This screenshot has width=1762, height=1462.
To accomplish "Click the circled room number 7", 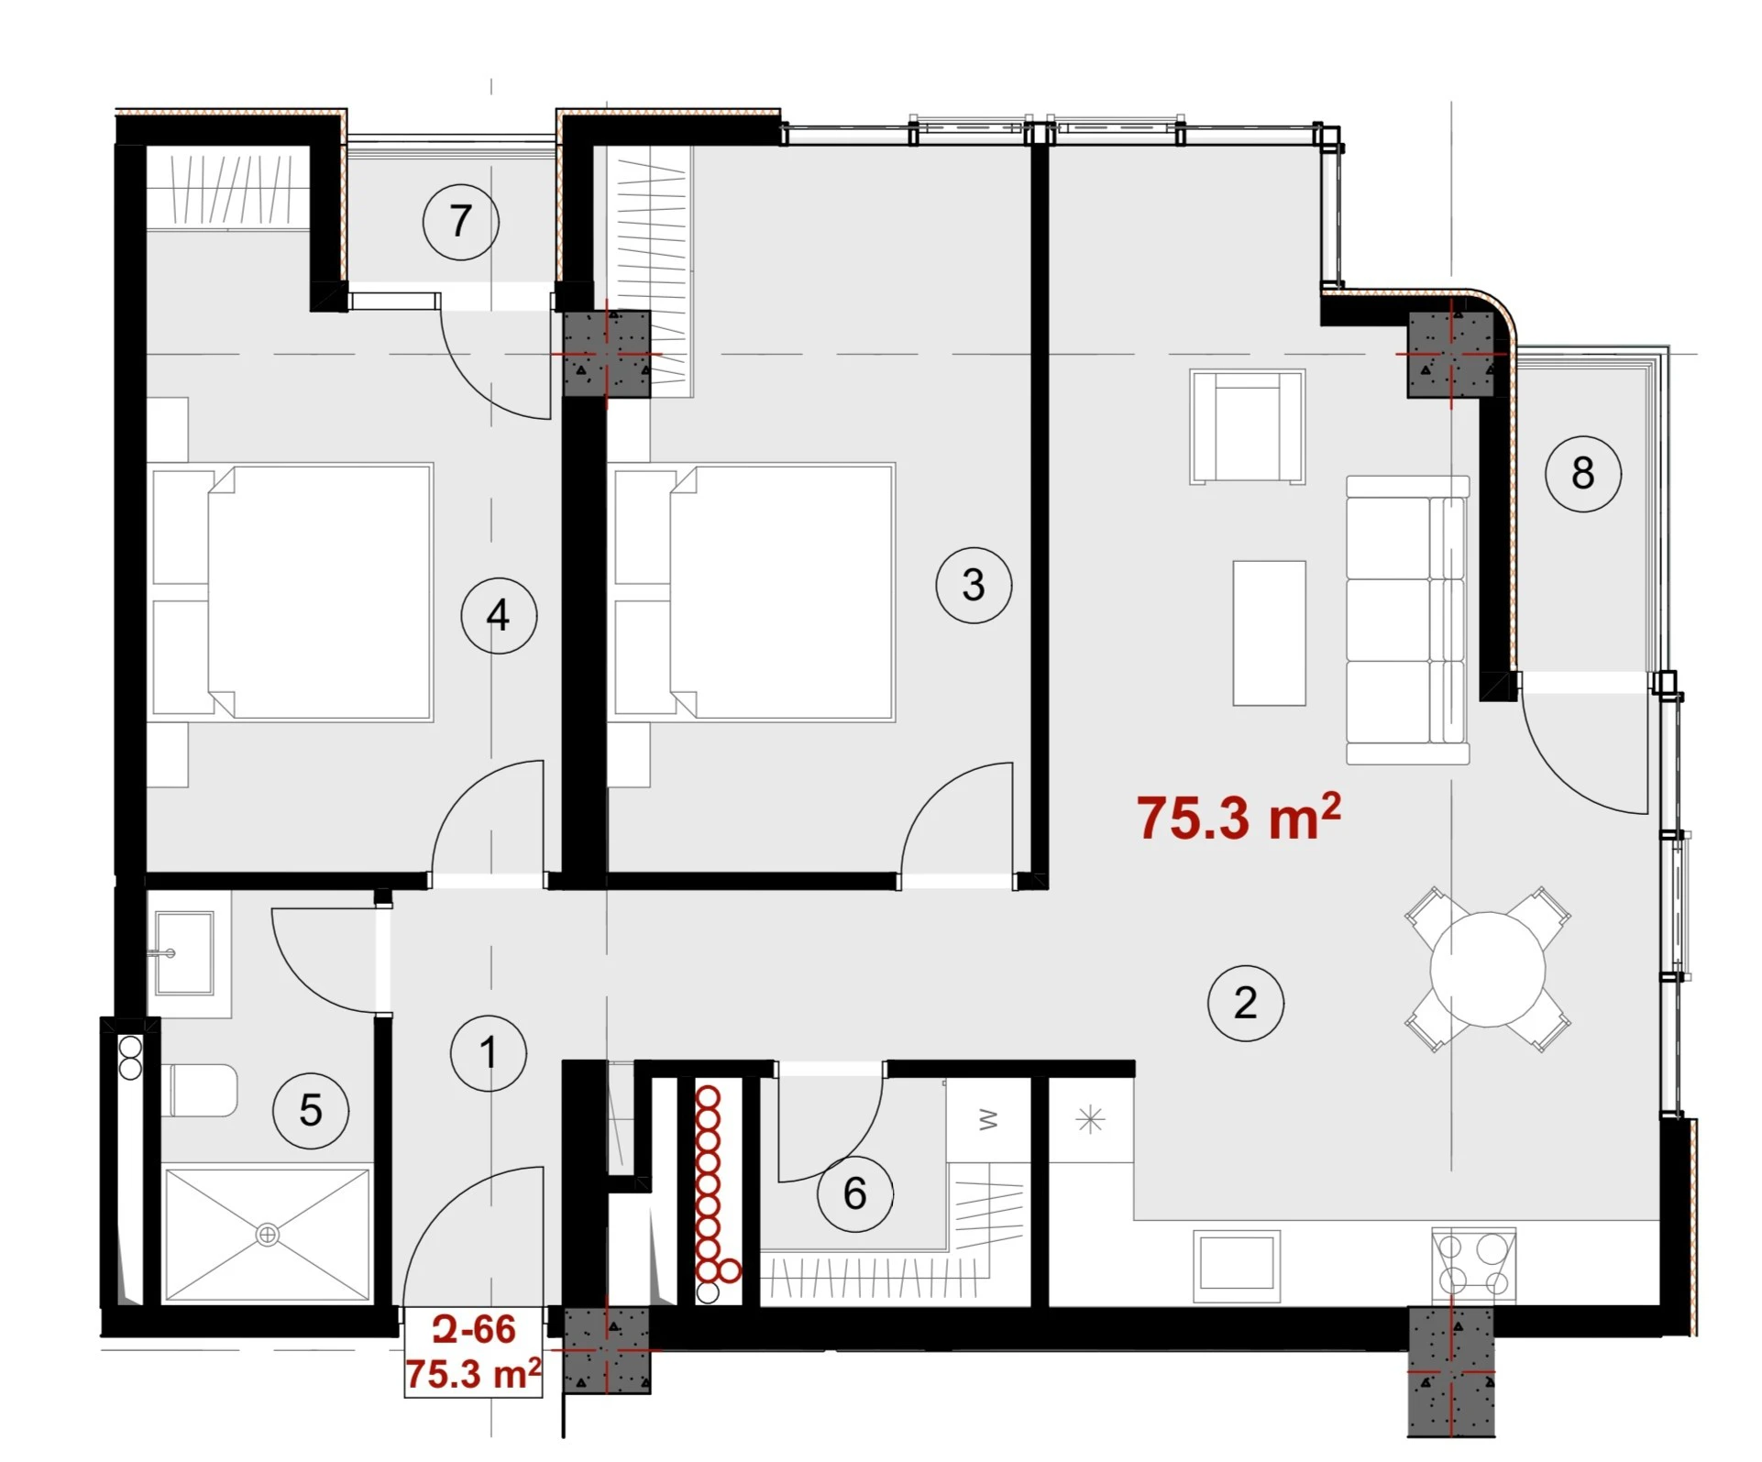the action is tap(461, 222).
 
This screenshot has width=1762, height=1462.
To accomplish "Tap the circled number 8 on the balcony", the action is tap(1583, 473).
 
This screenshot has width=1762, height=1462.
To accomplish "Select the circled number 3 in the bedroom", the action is tap(974, 585).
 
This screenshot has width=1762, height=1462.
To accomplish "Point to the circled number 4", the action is tap(499, 615).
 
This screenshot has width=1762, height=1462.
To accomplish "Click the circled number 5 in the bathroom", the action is tap(311, 1111).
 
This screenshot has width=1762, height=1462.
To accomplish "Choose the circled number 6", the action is tap(855, 1193).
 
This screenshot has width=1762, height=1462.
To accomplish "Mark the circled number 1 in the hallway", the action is tap(489, 1053).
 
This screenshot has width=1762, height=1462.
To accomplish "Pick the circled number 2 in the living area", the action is tap(1246, 1003).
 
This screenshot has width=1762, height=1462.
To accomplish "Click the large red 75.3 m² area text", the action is tap(1239, 816).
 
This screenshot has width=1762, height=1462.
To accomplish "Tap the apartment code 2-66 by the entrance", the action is tap(474, 1329).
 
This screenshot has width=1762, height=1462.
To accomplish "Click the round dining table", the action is tap(1487, 969).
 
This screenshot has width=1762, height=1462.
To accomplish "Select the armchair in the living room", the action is tap(1247, 426).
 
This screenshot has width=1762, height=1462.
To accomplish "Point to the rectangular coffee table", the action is tap(1269, 633).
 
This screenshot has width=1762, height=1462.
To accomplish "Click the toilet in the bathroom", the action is tap(199, 1090).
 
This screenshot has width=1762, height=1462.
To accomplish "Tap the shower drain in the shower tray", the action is tap(267, 1235).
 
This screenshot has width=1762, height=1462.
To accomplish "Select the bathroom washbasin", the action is tap(184, 953).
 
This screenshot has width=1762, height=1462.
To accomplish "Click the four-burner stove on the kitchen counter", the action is tap(1473, 1265).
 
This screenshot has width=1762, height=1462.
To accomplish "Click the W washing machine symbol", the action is tap(988, 1119).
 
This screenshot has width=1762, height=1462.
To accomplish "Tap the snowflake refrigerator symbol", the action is tap(1090, 1119).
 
